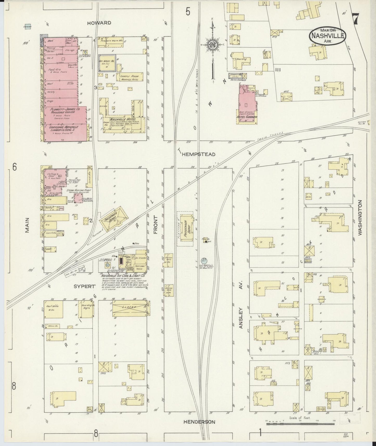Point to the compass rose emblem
pyautogui.click(x=213, y=45)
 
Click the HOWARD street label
pyautogui.click(x=99, y=23)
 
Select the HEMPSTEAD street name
pyautogui.click(x=199, y=154)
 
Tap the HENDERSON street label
pyautogui.click(x=200, y=422)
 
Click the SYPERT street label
pyautogui.click(x=84, y=286)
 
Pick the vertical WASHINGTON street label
pyautogui.click(x=360, y=218)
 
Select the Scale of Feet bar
pyautogui.click(x=300, y=424)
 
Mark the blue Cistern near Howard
pyautogui.click(x=27, y=27)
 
